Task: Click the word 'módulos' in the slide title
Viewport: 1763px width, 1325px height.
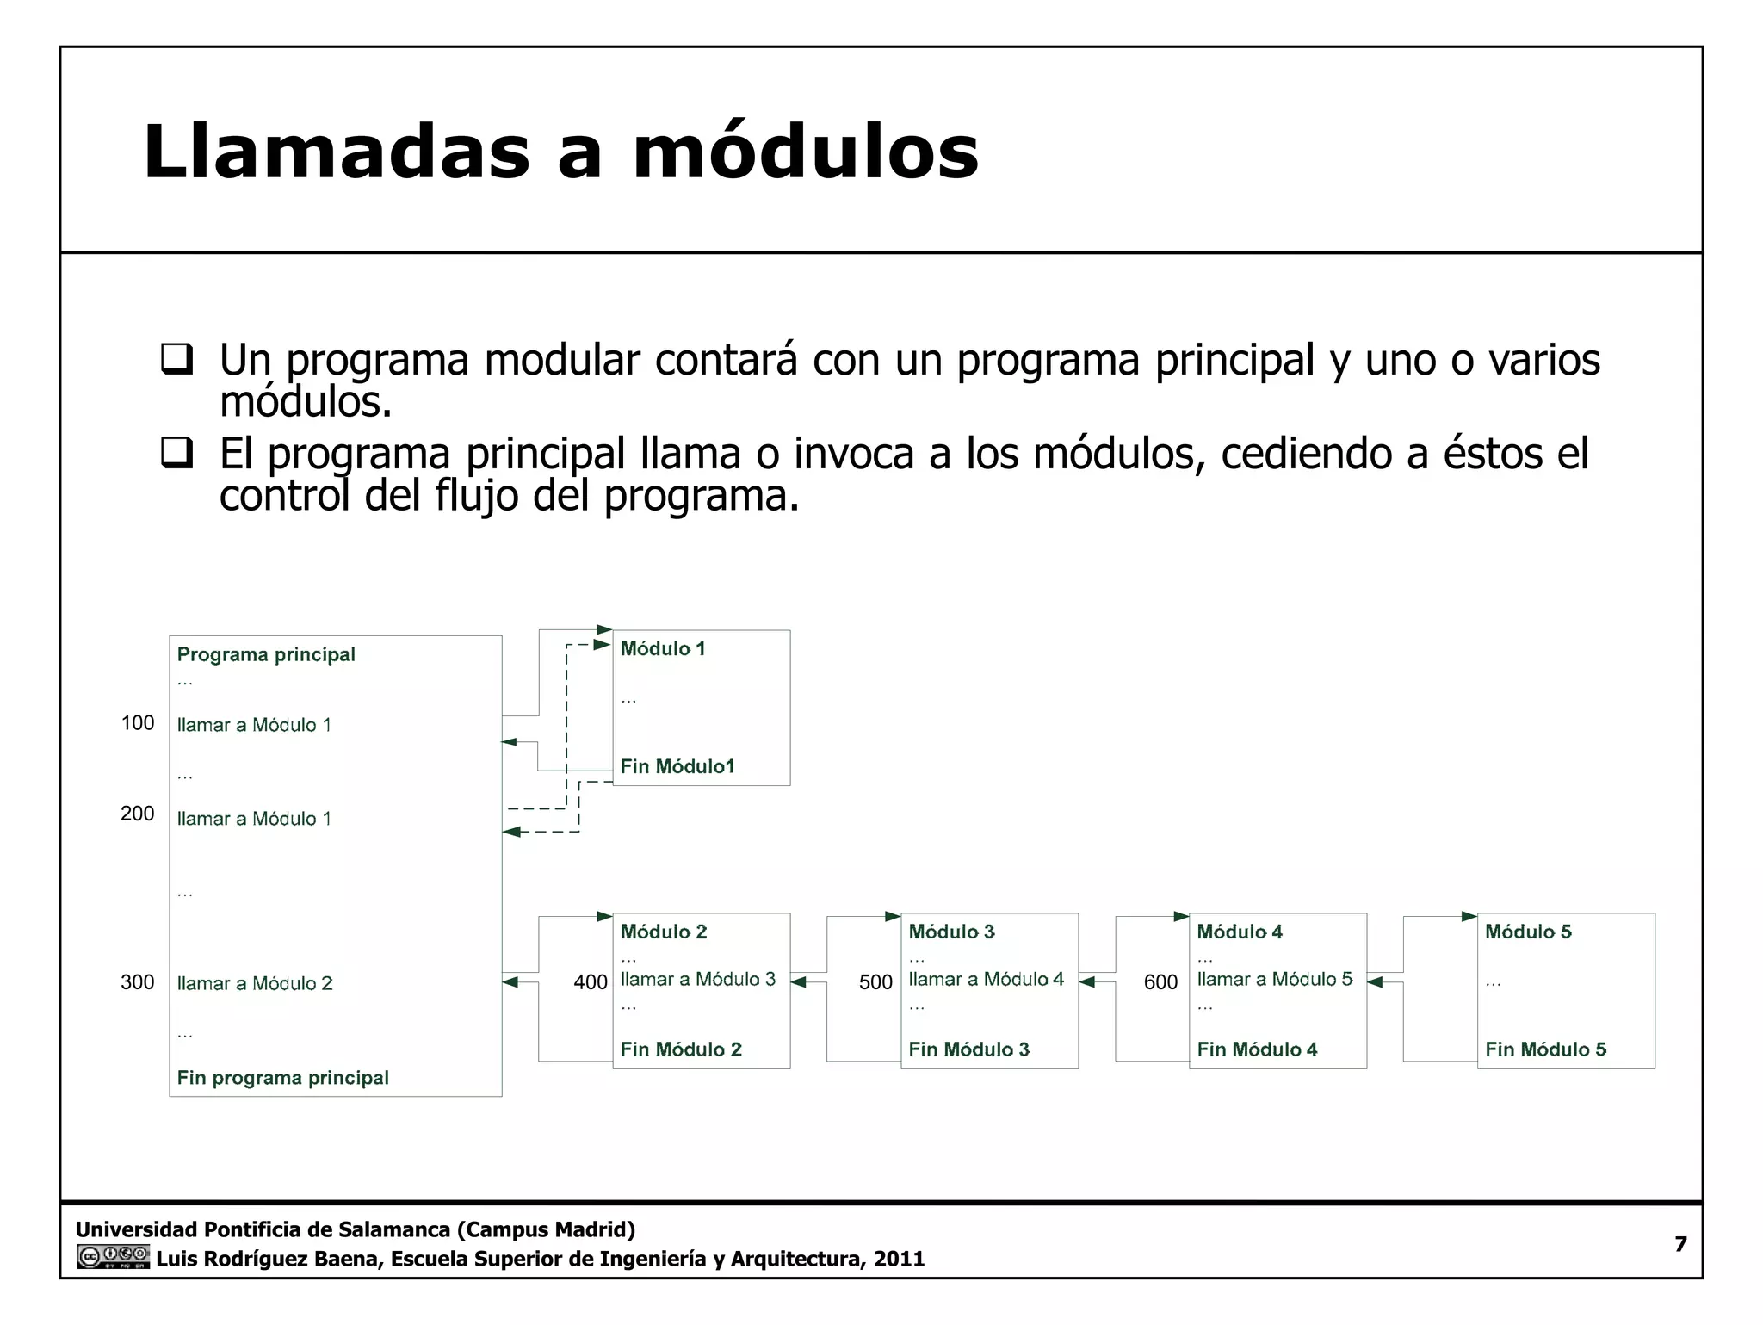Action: [x=806, y=153]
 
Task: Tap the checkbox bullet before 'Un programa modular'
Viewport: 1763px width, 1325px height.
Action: [x=177, y=358]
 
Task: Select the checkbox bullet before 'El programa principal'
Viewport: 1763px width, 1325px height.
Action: [x=177, y=452]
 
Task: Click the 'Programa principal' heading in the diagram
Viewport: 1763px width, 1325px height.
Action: [x=266, y=654]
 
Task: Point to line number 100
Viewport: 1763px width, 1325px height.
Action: [x=137, y=723]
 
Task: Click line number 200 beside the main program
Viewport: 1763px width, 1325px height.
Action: [x=137, y=814]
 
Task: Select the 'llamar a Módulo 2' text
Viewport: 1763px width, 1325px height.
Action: [x=255, y=983]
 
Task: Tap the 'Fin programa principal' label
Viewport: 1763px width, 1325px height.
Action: [x=282, y=1078]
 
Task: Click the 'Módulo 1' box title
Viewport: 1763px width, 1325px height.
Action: [x=663, y=649]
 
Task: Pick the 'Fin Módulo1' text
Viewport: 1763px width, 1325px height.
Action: [x=677, y=766]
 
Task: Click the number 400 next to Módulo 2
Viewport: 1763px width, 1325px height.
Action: [x=591, y=982]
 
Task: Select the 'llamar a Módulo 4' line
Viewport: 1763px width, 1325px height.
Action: [x=986, y=980]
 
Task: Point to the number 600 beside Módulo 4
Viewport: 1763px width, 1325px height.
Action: [x=1160, y=982]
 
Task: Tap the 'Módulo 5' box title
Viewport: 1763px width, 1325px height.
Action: [x=1528, y=932]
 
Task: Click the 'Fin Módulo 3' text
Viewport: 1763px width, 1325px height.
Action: [x=968, y=1049]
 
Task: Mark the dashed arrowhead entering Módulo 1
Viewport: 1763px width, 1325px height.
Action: [x=602, y=645]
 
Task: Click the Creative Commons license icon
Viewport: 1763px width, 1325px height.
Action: [x=113, y=1257]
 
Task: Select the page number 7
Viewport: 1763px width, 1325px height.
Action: [x=1680, y=1244]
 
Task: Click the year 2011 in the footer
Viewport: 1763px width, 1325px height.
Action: [x=899, y=1259]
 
